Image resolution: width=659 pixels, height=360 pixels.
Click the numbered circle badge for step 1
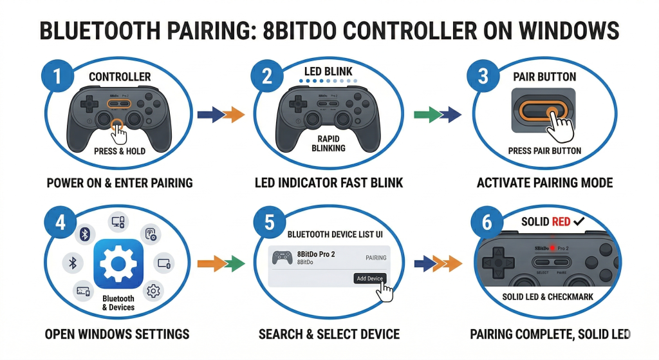point(57,77)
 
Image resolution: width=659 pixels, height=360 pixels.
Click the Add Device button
point(369,278)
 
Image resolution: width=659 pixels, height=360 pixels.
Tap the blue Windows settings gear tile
point(118,265)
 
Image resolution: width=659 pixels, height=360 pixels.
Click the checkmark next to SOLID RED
point(579,222)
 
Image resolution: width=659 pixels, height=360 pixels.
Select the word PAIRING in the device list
point(376,258)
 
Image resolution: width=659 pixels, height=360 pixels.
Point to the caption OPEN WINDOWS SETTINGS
point(117,334)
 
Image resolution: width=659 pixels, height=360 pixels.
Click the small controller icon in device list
point(282,258)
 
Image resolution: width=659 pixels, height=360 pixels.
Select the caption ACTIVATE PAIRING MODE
point(544,183)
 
